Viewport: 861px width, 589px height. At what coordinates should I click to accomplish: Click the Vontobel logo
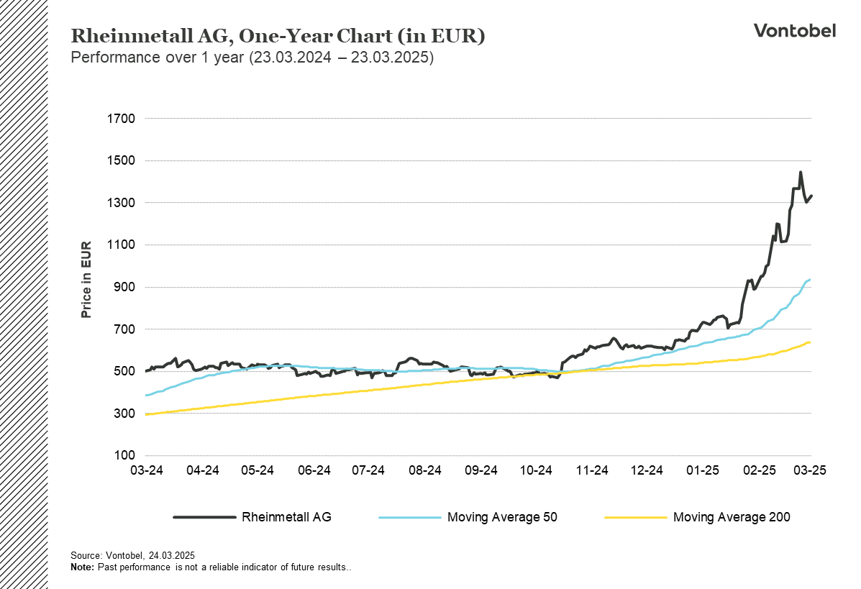coord(794,30)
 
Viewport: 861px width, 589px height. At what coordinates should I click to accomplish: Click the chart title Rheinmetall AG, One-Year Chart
coord(277,36)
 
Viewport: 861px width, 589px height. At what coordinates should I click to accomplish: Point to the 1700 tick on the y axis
coord(121,119)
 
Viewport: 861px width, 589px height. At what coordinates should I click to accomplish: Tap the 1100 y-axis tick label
coord(121,245)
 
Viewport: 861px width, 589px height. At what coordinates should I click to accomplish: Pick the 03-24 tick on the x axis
coord(147,470)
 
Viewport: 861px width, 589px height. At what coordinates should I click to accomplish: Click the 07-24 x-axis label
coord(368,470)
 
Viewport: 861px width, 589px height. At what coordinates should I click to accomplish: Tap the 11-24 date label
coord(591,470)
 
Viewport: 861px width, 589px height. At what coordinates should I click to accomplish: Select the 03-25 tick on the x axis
coord(810,470)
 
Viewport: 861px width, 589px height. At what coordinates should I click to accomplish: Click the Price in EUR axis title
coord(86,280)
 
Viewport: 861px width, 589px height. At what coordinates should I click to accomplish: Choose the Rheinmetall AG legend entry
coord(286,517)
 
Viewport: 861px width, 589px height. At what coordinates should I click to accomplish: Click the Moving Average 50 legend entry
coord(502,517)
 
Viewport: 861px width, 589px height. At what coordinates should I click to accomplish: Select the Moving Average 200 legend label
coord(731,517)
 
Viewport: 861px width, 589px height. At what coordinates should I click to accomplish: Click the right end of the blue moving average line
coord(811,279)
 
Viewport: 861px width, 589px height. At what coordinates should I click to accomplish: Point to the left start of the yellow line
coord(147,414)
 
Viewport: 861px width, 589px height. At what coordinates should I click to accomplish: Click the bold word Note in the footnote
coord(82,567)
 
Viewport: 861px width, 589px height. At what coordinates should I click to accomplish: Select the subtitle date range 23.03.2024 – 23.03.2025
coord(341,58)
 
